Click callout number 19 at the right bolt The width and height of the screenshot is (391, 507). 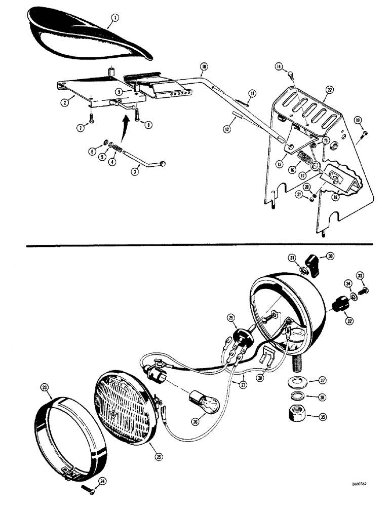click(x=358, y=120)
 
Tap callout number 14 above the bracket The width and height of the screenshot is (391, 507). click(x=279, y=66)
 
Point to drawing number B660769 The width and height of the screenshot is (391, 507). click(x=362, y=484)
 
